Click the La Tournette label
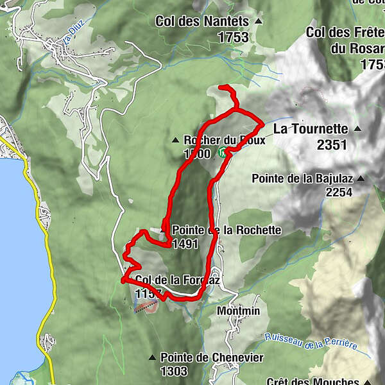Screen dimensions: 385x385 pyautogui.click(x=311, y=129)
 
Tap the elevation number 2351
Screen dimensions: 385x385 pyautogui.click(x=332, y=145)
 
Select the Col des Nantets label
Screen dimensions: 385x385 pyautogui.click(x=204, y=21)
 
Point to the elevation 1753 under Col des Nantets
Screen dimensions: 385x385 pyautogui.click(x=233, y=38)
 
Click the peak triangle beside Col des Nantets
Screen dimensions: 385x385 pyautogui.click(x=259, y=22)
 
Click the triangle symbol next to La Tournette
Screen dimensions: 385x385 pyautogui.click(x=357, y=129)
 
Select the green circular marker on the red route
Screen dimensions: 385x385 pyautogui.click(x=222, y=152)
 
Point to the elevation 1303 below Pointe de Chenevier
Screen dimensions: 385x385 pyautogui.click(x=174, y=371)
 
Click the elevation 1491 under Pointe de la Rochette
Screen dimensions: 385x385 pyautogui.click(x=185, y=244)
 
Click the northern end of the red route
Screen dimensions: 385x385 pyautogui.click(x=220, y=86)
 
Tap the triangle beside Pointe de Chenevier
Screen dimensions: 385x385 pyautogui.click(x=152, y=357)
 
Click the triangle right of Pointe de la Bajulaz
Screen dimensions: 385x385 pyautogui.click(x=361, y=178)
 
